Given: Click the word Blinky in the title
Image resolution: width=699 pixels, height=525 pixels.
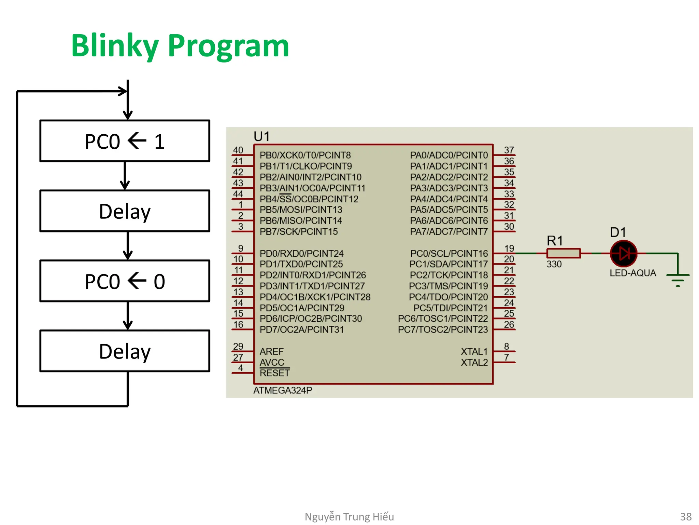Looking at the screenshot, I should click(115, 46).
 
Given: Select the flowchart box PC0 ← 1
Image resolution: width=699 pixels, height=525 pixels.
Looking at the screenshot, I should click(125, 141).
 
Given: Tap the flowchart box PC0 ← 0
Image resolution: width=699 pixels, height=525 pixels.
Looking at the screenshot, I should click(125, 281).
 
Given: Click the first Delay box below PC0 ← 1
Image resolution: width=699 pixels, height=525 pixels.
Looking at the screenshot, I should click(125, 211).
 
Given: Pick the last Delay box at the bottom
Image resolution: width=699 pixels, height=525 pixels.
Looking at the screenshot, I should click(125, 351).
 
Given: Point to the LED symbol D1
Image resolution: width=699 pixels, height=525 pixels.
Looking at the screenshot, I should click(623, 254).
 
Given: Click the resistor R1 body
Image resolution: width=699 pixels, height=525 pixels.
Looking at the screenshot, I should click(563, 253).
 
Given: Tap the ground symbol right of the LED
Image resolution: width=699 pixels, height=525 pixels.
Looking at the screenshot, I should click(678, 279).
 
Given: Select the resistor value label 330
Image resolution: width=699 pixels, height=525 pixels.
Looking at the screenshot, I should click(554, 264).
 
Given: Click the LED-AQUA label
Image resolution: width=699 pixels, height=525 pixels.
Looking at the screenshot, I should click(633, 273).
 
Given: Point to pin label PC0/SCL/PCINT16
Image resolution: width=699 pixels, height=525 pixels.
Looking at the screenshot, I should click(449, 254).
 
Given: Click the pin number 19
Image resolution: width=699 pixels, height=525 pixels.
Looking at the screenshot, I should click(509, 248).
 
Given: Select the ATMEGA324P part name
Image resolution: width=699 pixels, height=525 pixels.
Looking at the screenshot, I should click(283, 390).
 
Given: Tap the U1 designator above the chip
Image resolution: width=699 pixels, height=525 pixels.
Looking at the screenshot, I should click(262, 137).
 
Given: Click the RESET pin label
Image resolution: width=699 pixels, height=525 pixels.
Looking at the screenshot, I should click(274, 373).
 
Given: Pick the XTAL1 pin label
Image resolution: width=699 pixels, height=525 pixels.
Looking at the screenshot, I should click(474, 351).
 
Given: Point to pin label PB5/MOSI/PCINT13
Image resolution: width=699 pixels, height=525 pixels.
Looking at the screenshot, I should click(301, 210).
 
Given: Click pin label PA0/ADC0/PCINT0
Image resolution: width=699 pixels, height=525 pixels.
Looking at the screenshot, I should click(449, 155).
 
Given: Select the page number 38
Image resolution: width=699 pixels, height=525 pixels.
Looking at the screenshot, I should click(686, 516).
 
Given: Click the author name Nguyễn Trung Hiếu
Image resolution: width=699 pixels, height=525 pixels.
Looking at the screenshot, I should click(349, 516).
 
